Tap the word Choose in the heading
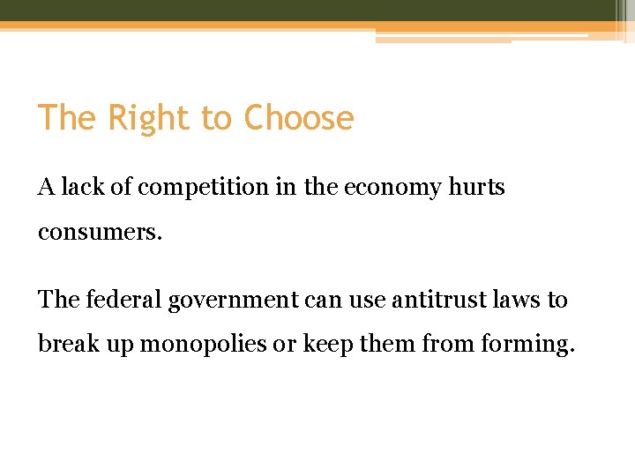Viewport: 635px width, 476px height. [x=299, y=118]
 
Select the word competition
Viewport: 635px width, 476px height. [x=192, y=187]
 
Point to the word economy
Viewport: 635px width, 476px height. [x=387, y=188]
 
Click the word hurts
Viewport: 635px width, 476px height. [x=476, y=187]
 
